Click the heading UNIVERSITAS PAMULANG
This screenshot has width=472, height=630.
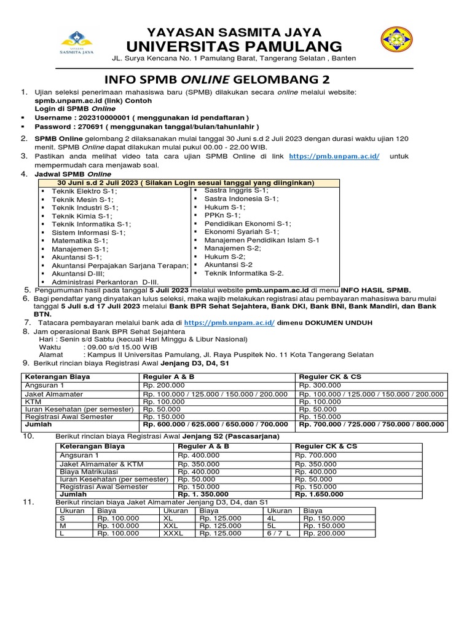click(235, 46)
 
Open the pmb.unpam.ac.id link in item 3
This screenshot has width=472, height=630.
click(334, 157)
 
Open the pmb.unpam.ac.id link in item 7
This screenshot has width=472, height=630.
click(229, 322)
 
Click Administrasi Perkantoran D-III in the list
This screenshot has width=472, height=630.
click(104, 282)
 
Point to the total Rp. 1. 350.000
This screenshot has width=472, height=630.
click(203, 494)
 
